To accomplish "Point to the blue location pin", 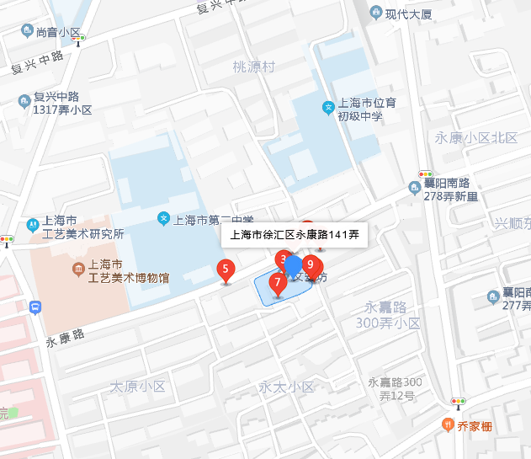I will coord(293,264).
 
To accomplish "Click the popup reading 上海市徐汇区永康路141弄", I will coord(295,235).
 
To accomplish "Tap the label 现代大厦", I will coord(408,13).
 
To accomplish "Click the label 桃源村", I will coord(254,67).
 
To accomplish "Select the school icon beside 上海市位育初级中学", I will coord(327,107).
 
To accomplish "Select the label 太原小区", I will coord(138,387).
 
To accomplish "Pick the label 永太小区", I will coord(286,387).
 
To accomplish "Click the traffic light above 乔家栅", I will coord(459,402).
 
